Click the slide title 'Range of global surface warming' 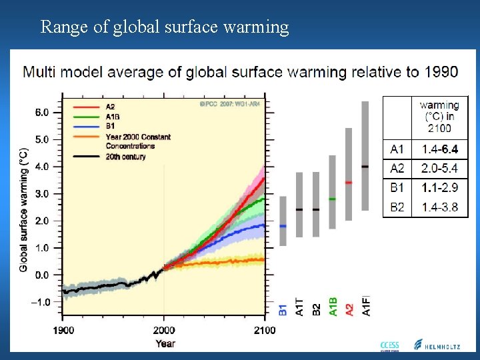pos(165,27)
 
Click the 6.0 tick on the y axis pos(41,113)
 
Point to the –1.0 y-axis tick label pos(40,302)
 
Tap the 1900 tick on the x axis pos(64,330)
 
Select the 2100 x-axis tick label pos(264,330)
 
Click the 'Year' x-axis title pos(165,343)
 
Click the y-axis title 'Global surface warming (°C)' pos(24,209)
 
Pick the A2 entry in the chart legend pos(111,105)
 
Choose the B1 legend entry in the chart pos(111,125)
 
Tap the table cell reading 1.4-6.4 pos(440,149)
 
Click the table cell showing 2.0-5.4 pos(440,169)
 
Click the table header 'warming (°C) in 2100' pos(439,116)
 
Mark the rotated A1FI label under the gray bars pos(365,304)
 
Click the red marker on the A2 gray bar pos(349,182)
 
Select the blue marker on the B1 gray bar pos(283,226)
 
